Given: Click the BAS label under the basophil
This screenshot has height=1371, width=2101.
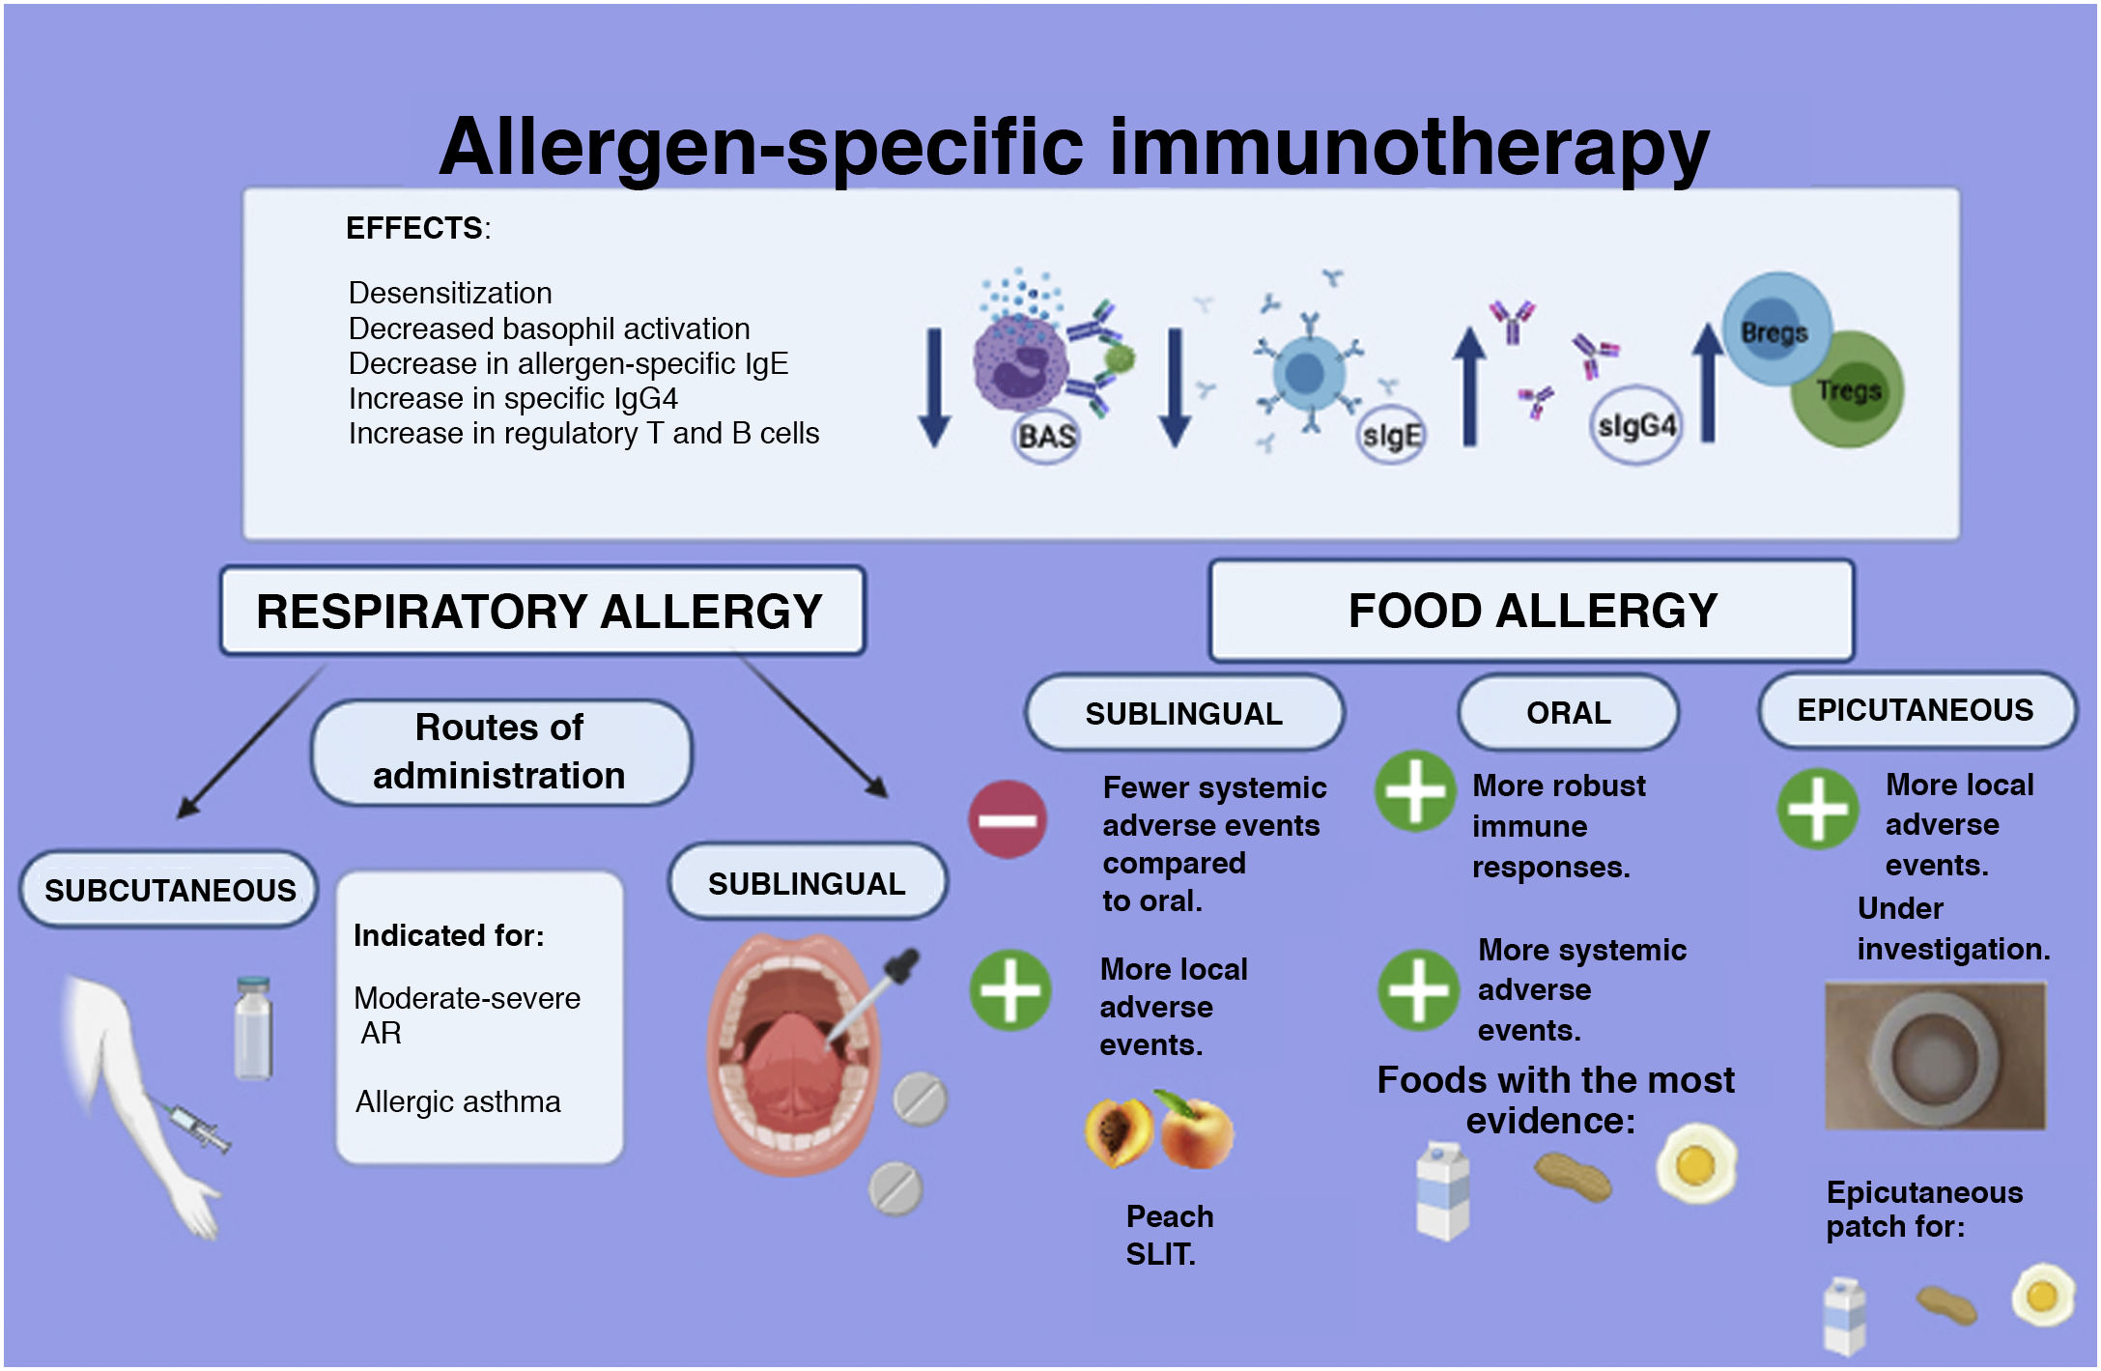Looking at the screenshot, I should (1046, 437).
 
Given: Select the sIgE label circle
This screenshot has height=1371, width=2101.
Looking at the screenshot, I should (1391, 436).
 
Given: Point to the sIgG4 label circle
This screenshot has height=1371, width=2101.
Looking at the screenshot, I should (1635, 426).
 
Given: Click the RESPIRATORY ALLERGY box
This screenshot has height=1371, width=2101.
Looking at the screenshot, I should (542, 611).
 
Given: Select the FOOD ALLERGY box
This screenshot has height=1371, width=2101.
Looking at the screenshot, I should (1531, 611).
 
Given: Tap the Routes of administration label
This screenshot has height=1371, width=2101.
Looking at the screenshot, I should (500, 752).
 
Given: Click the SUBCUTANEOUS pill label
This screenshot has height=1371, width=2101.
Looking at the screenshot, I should (169, 890).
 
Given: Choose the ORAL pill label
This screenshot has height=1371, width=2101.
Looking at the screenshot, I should (1568, 713).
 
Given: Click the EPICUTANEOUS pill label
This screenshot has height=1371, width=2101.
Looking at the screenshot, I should (1916, 710).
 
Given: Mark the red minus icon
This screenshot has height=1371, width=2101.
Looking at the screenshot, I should (1008, 819).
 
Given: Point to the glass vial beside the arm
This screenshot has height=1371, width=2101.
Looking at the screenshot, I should (253, 1028).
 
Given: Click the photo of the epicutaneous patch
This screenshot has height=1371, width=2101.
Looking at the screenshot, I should (1935, 1056).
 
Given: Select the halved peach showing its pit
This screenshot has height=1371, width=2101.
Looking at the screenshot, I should (1119, 1133).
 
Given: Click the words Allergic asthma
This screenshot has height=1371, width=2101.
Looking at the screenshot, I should (458, 1101).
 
